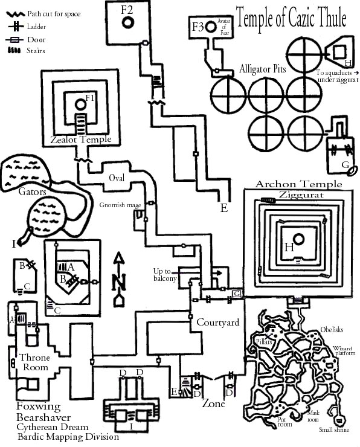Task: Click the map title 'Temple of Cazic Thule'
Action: click(x=291, y=18)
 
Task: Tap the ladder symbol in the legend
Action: click(x=16, y=27)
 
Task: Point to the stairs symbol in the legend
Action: click(x=14, y=51)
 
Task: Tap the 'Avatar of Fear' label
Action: click(x=224, y=27)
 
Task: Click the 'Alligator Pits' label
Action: click(x=262, y=69)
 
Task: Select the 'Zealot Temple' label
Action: click(x=81, y=140)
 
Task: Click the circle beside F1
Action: click(x=81, y=105)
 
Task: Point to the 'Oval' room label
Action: click(x=117, y=178)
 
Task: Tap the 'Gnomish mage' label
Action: click(x=120, y=205)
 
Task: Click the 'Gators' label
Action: click(x=32, y=191)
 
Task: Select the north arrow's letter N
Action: click(x=119, y=281)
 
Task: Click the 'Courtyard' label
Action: click(x=218, y=323)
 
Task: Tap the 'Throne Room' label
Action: click(x=34, y=362)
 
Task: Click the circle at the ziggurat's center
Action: click(x=298, y=239)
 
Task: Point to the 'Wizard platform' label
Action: click(x=344, y=350)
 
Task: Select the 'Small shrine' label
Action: click(x=334, y=429)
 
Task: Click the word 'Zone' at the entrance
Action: click(x=213, y=404)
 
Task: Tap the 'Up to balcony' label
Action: click(x=165, y=275)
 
